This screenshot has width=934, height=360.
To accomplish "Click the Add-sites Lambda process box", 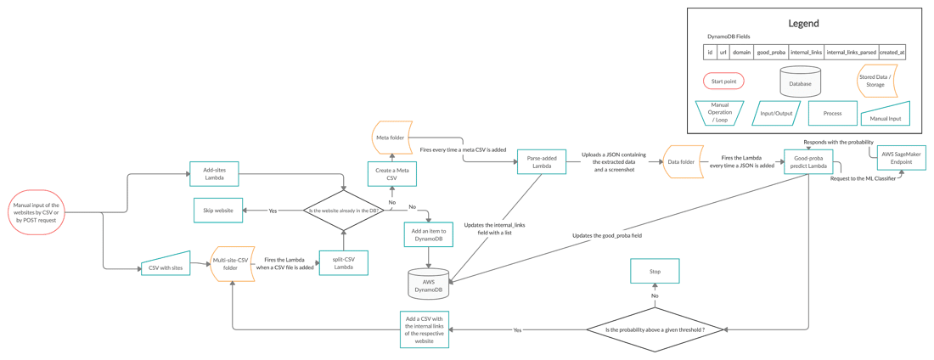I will (214, 174).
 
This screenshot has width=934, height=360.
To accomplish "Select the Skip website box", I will (218, 211).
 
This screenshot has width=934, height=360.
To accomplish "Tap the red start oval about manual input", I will (37, 212).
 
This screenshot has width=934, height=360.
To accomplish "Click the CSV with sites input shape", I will (166, 267).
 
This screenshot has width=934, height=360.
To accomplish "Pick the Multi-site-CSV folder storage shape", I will (232, 263).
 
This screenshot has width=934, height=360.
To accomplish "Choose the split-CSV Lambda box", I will (343, 262).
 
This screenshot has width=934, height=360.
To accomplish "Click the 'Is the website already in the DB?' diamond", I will (344, 211).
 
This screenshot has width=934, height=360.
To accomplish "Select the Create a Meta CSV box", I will (391, 174).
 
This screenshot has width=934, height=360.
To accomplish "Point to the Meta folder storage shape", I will (391, 138).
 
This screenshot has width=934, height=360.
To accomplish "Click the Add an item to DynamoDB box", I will (428, 234).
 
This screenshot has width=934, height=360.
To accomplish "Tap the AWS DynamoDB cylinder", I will (428, 284).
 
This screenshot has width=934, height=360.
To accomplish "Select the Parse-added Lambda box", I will (541, 161).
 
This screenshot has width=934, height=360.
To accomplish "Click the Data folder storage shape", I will (683, 161).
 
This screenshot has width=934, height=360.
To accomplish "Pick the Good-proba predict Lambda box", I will (807, 161).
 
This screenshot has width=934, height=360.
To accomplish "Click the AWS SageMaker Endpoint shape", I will (901, 158).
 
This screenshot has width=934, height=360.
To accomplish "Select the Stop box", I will (655, 271).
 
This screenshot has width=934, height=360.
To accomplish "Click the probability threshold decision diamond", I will (655, 329).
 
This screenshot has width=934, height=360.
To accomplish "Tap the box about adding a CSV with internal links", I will (425, 329).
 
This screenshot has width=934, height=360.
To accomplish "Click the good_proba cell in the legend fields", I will (771, 53).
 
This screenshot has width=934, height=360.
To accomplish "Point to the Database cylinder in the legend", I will (800, 82).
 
